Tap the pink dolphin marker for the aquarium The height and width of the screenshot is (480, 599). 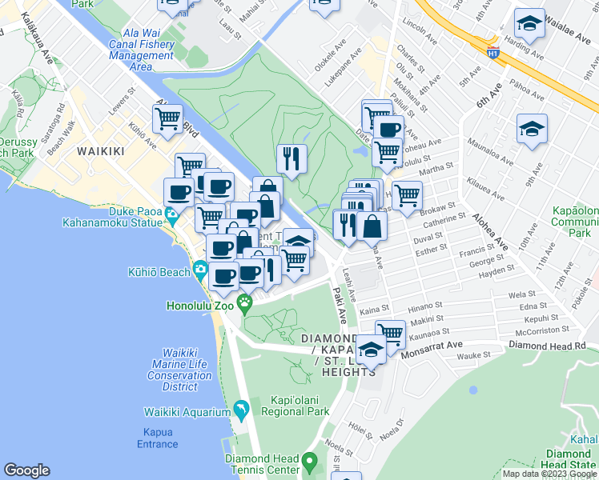point(241,412)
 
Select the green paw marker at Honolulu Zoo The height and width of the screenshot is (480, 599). point(246,303)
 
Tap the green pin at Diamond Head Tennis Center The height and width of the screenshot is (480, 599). point(312,462)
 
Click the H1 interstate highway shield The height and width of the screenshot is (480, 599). point(494,50)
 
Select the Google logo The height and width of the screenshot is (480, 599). point(27,470)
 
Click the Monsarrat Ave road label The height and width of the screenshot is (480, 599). point(432,350)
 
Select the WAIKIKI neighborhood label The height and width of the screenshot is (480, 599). point(103,150)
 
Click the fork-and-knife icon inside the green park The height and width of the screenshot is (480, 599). point(292,158)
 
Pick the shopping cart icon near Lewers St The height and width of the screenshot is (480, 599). point(168,119)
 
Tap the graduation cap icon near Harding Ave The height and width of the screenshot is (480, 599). point(529,25)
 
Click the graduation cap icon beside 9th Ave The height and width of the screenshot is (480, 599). point(532,129)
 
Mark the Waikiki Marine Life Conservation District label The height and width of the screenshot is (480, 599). point(180,370)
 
